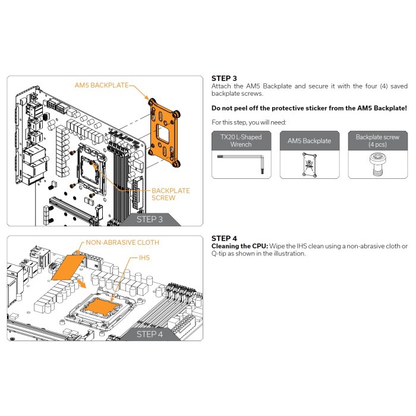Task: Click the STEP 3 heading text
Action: pos(224,78)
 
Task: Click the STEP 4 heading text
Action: pos(224,238)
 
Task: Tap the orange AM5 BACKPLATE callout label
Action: pos(102,85)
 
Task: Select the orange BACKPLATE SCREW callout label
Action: pos(171,194)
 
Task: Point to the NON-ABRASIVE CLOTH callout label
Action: pos(122,242)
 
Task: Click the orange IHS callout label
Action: pos(144,257)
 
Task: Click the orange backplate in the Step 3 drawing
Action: pos(164,133)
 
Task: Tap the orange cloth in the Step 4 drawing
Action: pos(68,267)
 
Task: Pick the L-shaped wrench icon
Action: pos(241,162)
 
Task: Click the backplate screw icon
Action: pos(377,164)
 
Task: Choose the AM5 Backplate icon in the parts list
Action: pos(310,165)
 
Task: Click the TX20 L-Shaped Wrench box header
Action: pos(241,141)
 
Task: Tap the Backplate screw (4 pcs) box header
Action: pos(377,141)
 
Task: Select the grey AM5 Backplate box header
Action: pos(310,141)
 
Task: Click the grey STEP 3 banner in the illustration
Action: pos(150,219)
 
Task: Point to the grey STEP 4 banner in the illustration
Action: pos(150,334)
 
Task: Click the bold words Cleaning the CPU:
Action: pos(239,246)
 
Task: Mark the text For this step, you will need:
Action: pos(249,122)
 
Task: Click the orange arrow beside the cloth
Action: pos(81,284)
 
